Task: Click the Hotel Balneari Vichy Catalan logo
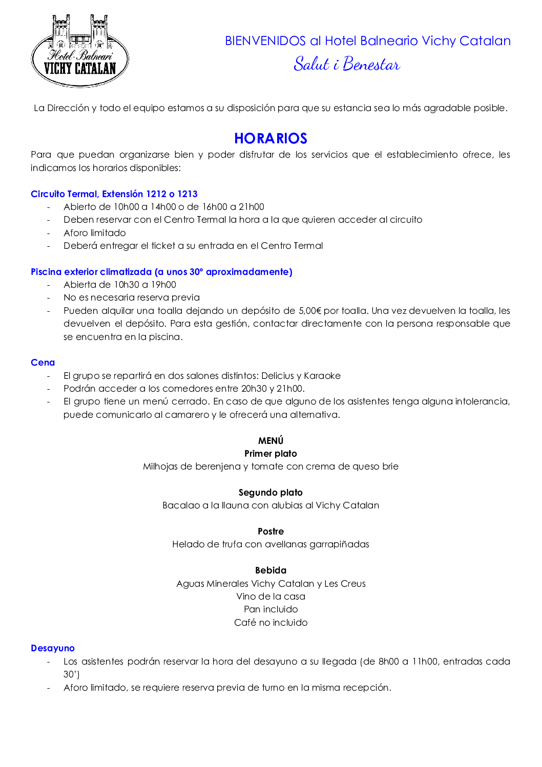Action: pyautogui.click(x=80, y=51)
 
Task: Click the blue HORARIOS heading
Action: pyautogui.click(x=270, y=138)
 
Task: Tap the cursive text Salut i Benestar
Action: pyautogui.click(x=346, y=65)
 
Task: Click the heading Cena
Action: pyautogui.click(x=43, y=363)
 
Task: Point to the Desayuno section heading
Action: pyautogui.click(x=53, y=648)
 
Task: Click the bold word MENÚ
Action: pyautogui.click(x=270, y=441)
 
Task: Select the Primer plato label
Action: pyautogui.click(x=270, y=454)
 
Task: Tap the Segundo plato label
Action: pyautogui.click(x=270, y=493)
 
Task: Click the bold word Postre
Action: pyautogui.click(x=270, y=531)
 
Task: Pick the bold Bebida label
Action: pyautogui.click(x=270, y=570)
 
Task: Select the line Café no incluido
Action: pyautogui.click(x=270, y=623)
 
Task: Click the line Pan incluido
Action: pyautogui.click(x=270, y=609)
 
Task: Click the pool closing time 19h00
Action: pyautogui.click(x=163, y=285)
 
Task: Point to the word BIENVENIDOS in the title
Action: pyautogui.click(x=265, y=41)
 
